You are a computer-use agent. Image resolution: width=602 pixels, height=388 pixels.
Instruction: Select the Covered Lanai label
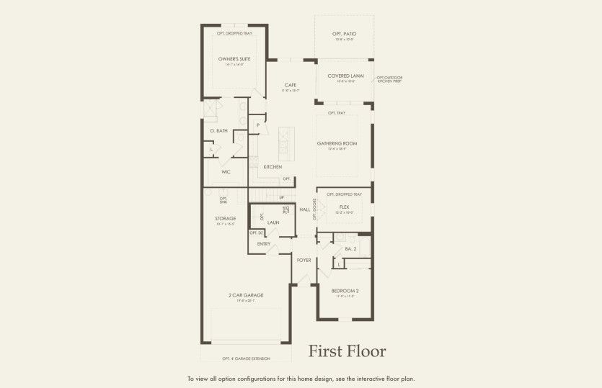(x=345, y=76)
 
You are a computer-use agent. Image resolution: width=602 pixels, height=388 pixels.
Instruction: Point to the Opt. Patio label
(x=345, y=34)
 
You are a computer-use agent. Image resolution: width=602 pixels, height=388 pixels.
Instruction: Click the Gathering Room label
(x=337, y=143)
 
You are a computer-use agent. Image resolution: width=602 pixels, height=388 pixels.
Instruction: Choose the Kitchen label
(x=273, y=167)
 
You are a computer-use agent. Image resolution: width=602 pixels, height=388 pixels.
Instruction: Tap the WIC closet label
(x=226, y=172)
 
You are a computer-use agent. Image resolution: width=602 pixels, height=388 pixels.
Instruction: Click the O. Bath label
(x=219, y=131)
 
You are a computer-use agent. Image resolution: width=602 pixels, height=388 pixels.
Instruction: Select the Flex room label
(x=344, y=207)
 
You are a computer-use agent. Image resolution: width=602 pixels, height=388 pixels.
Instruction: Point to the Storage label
(x=226, y=218)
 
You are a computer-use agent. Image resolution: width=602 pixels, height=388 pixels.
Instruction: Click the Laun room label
(x=273, y=222)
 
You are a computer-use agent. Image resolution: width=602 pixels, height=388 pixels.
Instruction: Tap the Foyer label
(x=304, y=260)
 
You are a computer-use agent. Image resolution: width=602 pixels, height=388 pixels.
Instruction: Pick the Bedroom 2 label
(x=345, y=291)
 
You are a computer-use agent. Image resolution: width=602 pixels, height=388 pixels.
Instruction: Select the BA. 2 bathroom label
(x=350, y=248)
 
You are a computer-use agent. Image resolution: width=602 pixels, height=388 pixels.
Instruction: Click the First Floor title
(x=348, y=351)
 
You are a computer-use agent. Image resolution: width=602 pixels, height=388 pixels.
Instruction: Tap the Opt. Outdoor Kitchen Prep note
(x=389, y=79)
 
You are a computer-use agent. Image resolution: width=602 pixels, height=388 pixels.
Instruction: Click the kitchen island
(x=287, y=144)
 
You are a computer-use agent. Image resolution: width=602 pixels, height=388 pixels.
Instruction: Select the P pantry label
(x=257, y=125)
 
